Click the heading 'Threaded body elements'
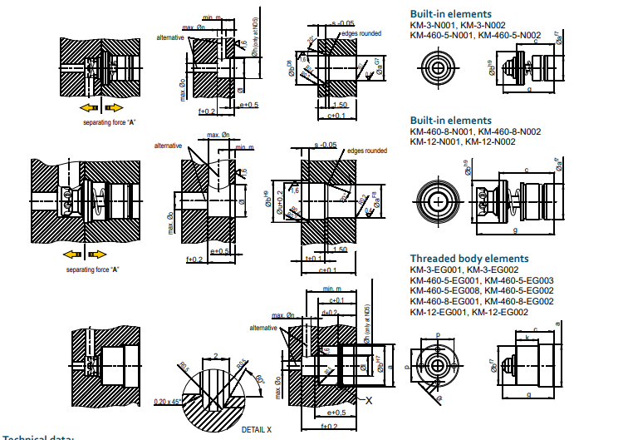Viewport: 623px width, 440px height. pyautogui.click(x=469, y=259)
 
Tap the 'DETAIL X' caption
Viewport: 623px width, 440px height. pyautogui.click(x=256, y=429)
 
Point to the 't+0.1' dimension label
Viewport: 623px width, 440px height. pyautogui.click(x=314, y=259)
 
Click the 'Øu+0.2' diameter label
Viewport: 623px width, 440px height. pyautogui.click(x=279, y=199)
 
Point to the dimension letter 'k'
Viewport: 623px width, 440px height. pyautogui.click(x=528, y=338)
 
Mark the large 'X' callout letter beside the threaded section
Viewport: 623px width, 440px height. pyautogui.click(x=367, y=400)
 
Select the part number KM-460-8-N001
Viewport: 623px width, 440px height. pyautogui.click(x=444, y=131)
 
